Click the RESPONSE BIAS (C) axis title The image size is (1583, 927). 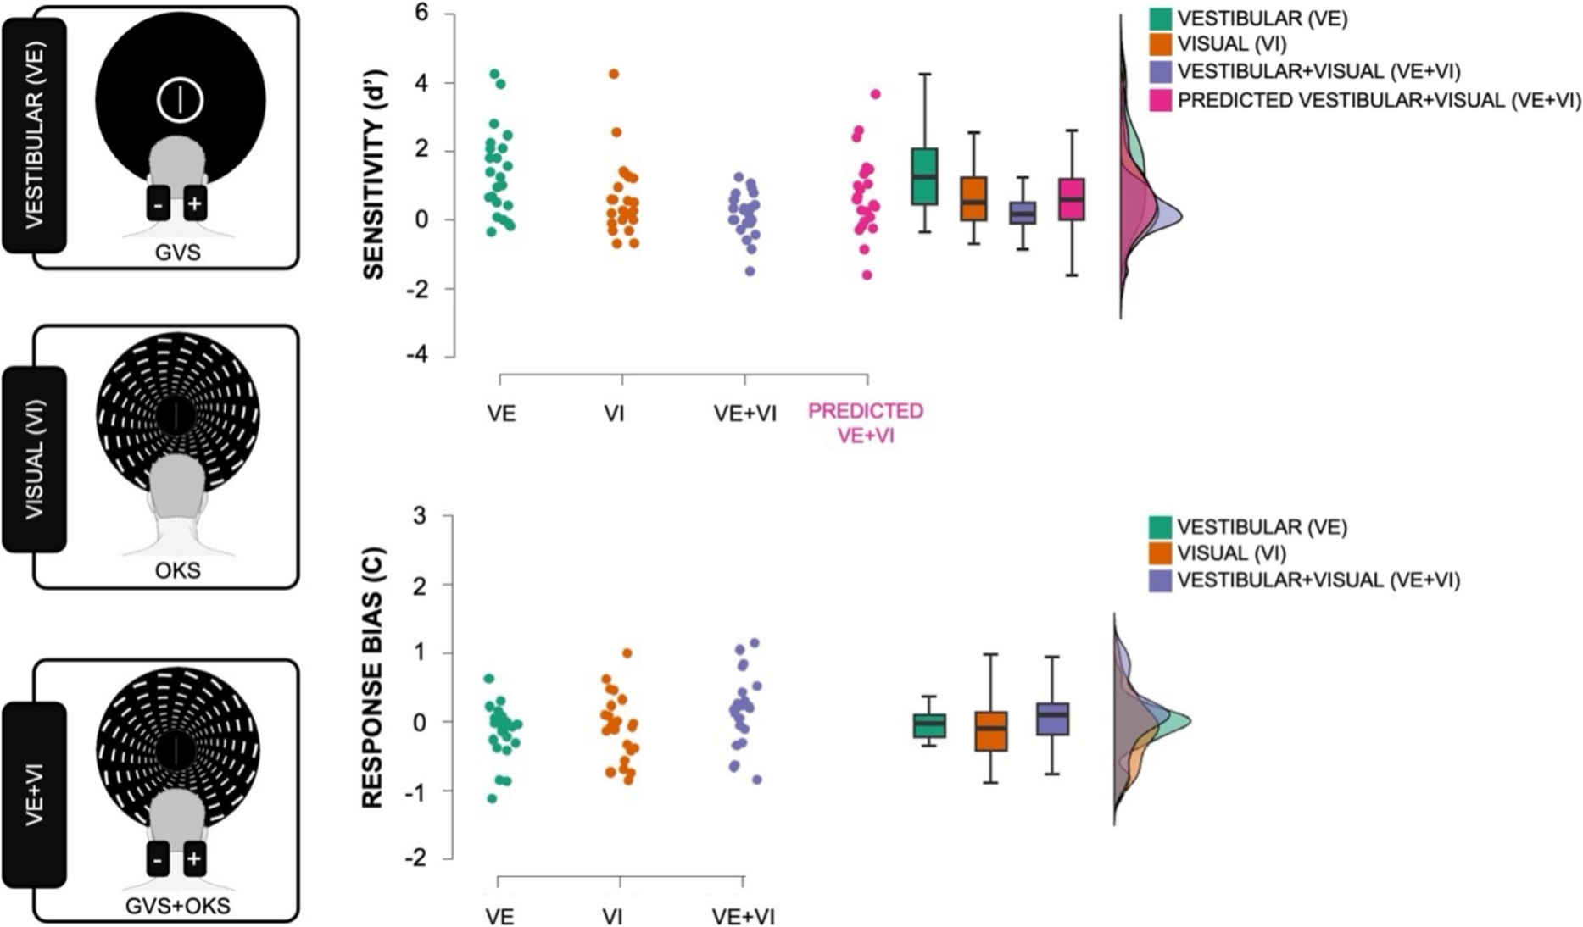[x=373, y=678]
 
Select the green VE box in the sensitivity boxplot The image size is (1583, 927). [x=925, y=176]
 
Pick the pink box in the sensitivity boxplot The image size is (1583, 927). [x=1072, y=199]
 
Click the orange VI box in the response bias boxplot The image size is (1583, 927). [x=990, y=730]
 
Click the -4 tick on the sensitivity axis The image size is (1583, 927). [x=417, y=356]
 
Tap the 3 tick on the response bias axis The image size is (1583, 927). [x=420, y=516]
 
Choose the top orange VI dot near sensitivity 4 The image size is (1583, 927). [x=614, y=74]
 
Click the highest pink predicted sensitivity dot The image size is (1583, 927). [x=876, y=94]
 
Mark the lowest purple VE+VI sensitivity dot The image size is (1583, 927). [x=750, y=271]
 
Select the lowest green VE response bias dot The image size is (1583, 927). [x=492, y=798]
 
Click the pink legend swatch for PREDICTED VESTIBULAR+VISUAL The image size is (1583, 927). [x=1161, y=100]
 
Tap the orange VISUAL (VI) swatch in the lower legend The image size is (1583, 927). [x=1161, y=553]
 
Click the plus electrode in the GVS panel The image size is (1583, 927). [x=195, y=204]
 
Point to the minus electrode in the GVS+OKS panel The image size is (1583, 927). [x=158, y=859]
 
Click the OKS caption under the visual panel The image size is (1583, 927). [x=178, y=570]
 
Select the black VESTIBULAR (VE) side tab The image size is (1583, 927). [x=34, y=136]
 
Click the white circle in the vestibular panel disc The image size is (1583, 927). [x=180, y=100]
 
